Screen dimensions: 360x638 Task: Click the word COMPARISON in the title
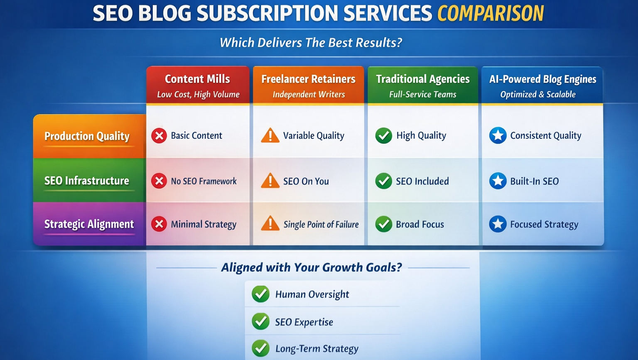point(490,13)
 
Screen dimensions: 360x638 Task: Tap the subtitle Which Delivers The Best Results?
point(311,42)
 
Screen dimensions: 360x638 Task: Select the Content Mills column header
point(198,85)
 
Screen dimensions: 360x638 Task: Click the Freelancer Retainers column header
point(308,85)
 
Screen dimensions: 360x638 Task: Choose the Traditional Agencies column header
point(422,85)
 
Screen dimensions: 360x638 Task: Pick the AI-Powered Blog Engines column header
point(542,85)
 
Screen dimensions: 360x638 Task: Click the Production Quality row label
point(87,136)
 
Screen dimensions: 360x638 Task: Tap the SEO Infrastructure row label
point(87,181)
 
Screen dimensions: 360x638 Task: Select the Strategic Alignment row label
point(89,224)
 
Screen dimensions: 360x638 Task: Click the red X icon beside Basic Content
point(159,136)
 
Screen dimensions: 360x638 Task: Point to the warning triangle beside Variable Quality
point(270,136)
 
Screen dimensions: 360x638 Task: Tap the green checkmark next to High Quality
point(384,136)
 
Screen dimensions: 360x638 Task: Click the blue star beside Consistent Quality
point(498,136)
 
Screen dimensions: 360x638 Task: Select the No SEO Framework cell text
point(204,181)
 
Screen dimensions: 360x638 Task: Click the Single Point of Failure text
point(321,225)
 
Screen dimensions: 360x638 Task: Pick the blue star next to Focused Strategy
point(498,224)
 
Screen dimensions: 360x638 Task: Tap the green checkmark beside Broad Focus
point(384,224)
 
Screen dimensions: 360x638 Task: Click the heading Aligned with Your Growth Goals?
point(312,267)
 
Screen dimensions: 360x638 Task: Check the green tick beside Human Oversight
point(261,294)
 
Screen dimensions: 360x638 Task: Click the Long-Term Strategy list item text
point(317,349)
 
